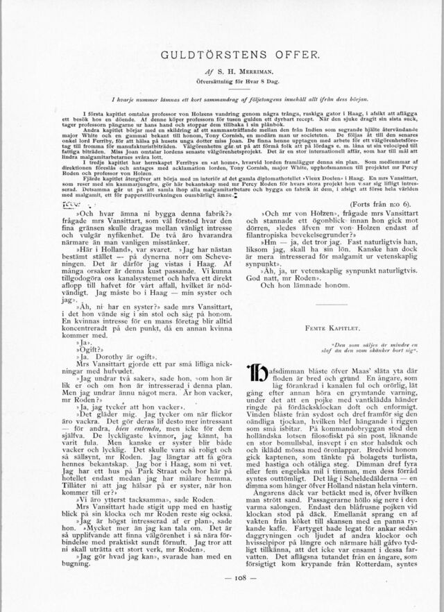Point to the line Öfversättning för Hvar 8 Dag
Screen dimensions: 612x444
[222, 80]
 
